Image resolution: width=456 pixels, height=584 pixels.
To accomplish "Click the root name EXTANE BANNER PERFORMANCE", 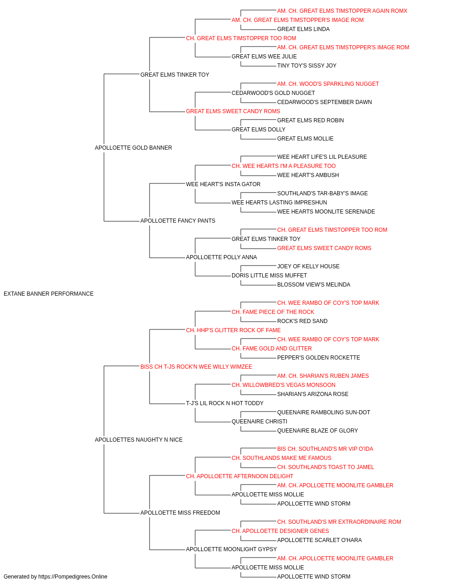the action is (49, 294).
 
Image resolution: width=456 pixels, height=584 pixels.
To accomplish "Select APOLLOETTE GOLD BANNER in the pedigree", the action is (133, 148).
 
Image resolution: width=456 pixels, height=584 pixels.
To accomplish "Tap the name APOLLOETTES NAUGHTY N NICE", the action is (139, 440).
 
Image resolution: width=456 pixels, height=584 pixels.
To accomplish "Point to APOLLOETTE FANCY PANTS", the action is (178, 221).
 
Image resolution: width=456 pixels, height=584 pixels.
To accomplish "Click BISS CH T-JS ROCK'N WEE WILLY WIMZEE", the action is (196, 367).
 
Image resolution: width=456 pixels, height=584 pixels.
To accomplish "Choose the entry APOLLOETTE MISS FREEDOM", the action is (180, 513).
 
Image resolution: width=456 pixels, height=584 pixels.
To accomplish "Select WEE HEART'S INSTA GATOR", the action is (223, 184).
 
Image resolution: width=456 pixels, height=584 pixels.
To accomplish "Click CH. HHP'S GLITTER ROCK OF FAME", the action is (233, 330).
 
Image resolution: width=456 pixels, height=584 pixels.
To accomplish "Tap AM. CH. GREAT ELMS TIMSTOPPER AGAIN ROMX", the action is (342, 11).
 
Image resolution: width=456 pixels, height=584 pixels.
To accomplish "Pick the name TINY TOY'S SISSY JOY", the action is (307, 66).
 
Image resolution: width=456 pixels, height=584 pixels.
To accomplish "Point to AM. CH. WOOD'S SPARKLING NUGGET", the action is (328, 84).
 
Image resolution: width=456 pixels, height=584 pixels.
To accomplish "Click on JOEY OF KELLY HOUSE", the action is (308, 266).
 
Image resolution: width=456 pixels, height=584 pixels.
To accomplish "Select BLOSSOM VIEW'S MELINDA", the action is (314, 285).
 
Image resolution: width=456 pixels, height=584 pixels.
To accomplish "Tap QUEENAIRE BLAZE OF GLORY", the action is (317, 431).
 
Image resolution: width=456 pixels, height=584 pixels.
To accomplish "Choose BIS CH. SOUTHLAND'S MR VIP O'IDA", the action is (325, 449).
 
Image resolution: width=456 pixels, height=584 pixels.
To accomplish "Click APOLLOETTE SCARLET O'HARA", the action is (319, 540).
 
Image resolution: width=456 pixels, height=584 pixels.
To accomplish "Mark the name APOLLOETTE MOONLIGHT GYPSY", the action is (231, 549).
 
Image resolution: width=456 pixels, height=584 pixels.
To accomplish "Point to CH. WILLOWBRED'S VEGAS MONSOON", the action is (284, 385).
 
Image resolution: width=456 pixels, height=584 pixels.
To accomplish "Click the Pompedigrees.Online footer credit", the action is (55, 577).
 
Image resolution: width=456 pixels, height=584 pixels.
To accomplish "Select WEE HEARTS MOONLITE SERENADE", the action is (326, 212).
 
